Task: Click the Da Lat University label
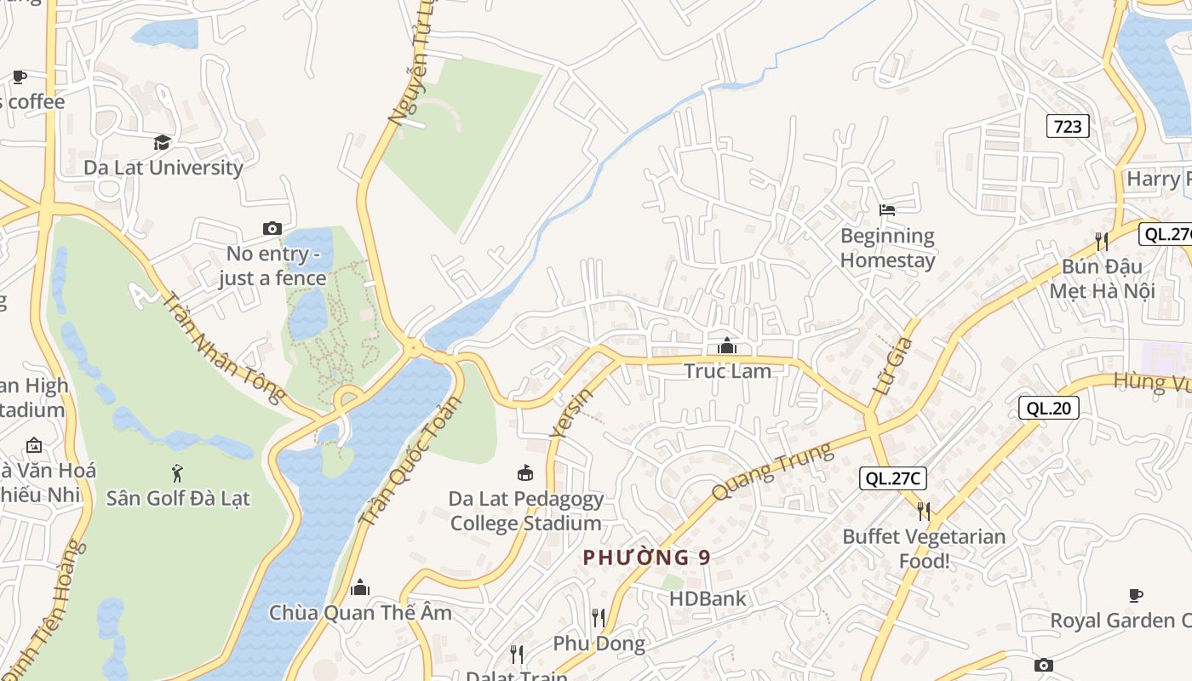pos(163,168)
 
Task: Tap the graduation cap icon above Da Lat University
pos(162,142)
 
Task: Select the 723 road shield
pos(1068,127)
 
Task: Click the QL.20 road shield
pos(1048,409)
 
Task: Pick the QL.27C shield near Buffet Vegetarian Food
pos(892,478)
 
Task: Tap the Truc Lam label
pos(727,371)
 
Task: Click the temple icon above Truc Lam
pos(727,346)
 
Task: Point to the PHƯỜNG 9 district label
pos(646,558)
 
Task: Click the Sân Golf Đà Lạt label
pos(178,498)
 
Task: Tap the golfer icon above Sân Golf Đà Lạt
pos(177,473)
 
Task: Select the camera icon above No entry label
pos(272,228)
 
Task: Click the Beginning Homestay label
pos(887,248)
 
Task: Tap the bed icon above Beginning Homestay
pos(887,209)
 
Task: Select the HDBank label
pos(707,598)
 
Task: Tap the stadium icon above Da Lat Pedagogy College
pos(525,473)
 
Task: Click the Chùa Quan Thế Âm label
pos(360,613)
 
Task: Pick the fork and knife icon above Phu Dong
pos(599,617)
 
